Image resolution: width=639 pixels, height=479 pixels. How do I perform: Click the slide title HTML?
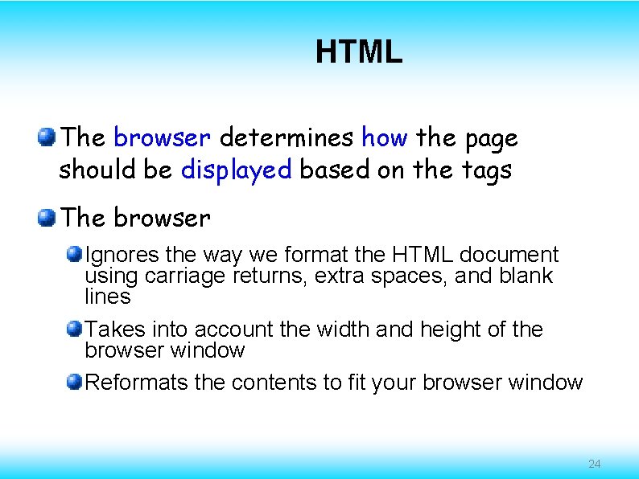358,53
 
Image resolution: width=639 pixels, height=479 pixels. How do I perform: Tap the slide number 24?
595,464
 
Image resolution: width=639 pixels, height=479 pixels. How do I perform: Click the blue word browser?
162,138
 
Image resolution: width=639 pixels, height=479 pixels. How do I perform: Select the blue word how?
385,138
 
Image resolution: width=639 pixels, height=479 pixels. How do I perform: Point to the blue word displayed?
236,170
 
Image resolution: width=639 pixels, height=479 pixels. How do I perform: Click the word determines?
286,138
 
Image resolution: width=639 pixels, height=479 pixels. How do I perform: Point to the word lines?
108,297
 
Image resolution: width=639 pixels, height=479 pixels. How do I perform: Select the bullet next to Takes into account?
74,329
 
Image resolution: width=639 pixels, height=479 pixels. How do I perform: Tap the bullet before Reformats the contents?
74,382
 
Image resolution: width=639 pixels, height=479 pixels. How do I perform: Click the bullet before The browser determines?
47,137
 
